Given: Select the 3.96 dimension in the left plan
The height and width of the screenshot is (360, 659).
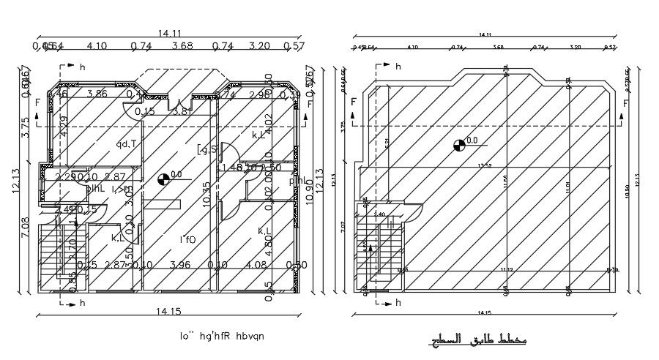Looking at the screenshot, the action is point(180,264).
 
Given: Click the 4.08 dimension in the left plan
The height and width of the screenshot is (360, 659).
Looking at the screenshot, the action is point(256,264).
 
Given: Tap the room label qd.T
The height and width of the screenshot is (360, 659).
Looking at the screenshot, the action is point(127,143).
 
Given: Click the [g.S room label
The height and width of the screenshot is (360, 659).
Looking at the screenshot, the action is point(206,150).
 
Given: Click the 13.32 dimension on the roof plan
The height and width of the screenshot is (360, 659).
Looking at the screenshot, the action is point(484,165).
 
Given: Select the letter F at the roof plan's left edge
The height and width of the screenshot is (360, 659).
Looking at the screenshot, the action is point(354,102).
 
